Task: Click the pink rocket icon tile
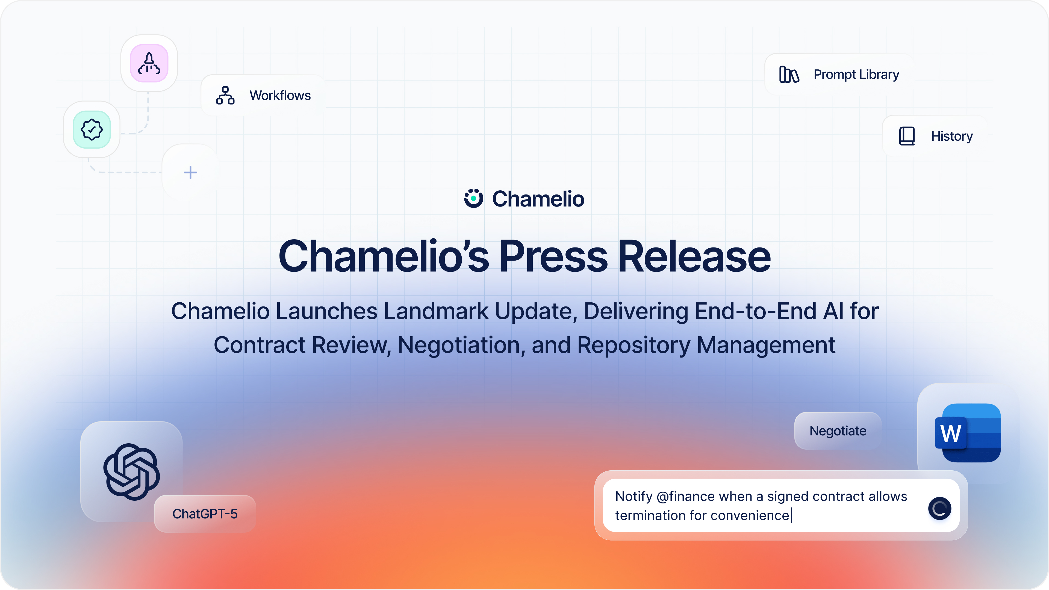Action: [149, 63]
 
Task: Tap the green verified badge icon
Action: [92, 129]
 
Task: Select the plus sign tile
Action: [190, 173]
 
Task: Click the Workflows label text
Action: [280, 95]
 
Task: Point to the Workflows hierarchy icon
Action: [225, 95]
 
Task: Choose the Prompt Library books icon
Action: [789, 75]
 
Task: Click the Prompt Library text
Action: [856, 75]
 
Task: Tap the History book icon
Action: [906, 136]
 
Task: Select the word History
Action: [952, 136]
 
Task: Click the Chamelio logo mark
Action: [474, 198]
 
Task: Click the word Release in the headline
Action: [694, 256]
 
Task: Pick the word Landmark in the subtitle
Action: [436, 311]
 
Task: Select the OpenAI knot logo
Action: [131, 471]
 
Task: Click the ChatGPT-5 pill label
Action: [205, 514]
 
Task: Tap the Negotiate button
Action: [838, 431]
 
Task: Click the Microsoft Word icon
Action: [968, 433]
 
